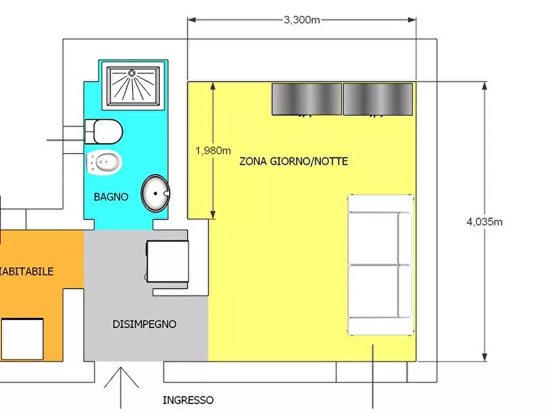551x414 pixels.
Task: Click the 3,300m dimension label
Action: click(x=302, y=20)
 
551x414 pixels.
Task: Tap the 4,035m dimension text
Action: click(x=484, y=222)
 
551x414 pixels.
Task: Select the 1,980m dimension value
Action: click(x=213, y=150)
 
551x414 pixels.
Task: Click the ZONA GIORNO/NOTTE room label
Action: click(x=294, y=161)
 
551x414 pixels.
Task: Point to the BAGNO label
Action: click(x=111, y=197)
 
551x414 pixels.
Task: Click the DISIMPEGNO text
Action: click(x=144, y=324)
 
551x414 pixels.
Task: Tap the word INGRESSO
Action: click(x=188, y=400)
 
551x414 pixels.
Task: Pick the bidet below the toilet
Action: click(x=105, y=162)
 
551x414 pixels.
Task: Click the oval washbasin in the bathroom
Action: click(x=154, y=193)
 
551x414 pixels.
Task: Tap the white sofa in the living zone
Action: click(x=380, y=265)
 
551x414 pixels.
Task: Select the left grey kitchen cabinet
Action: click(x=307, y=99)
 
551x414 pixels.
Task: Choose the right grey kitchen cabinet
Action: click(x=378, y=99)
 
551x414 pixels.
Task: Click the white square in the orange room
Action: click(x=22, y=339)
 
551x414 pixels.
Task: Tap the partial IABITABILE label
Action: click(x=27, y=271)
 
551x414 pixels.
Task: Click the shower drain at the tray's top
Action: click(x=131, y=72)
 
